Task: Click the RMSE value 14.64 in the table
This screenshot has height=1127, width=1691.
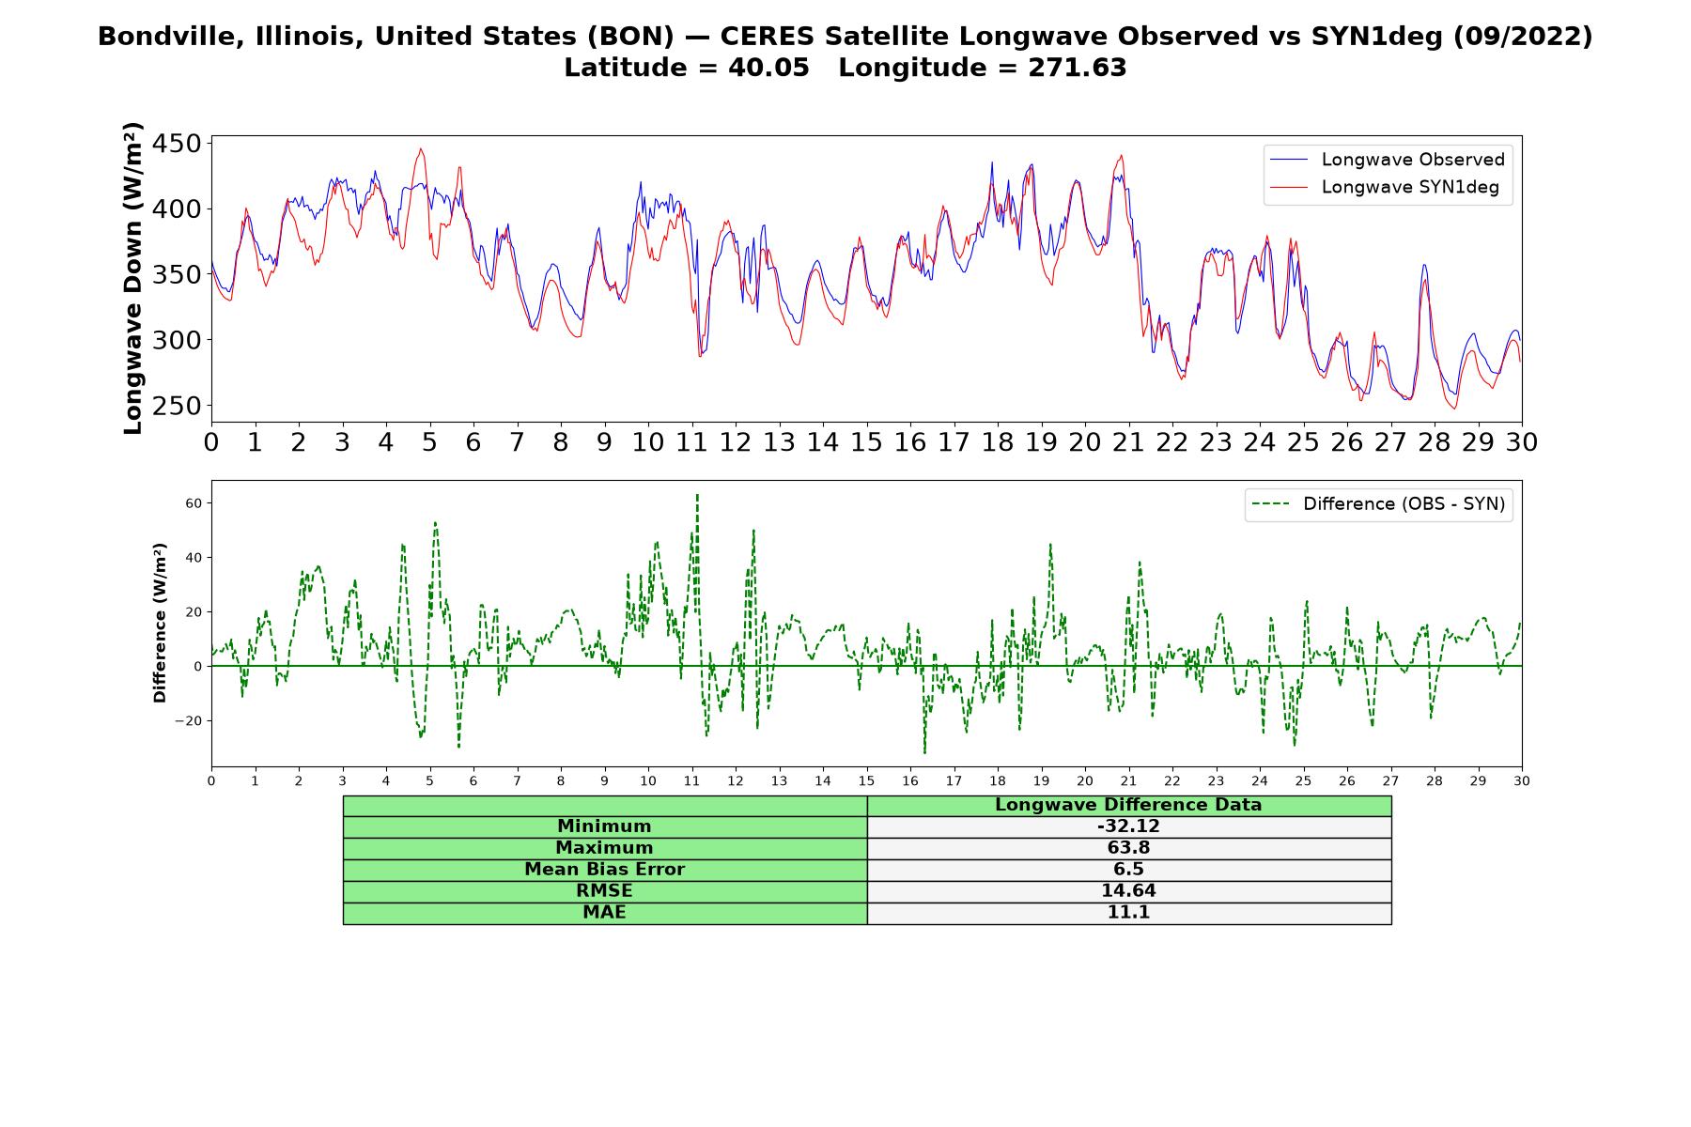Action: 1128,891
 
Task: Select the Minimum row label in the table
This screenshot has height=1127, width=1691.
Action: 604,826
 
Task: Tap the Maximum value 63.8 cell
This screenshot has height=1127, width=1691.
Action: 1128,848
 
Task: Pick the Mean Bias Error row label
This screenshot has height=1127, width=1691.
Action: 604,870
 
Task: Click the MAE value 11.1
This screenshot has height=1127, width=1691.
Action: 1128,913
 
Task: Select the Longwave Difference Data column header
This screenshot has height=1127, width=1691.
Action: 1128,805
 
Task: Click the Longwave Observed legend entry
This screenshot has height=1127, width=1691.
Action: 1387,160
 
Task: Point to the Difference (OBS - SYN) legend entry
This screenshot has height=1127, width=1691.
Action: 1377,504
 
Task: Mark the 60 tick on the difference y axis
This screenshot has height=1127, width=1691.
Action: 194,503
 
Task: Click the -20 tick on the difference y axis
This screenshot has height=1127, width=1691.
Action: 189,721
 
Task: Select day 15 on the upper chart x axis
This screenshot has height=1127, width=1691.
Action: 866,442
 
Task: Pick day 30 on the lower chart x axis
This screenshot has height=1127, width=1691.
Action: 1522,780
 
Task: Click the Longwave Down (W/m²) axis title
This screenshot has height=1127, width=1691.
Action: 132,278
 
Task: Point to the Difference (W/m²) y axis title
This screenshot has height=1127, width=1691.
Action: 160,623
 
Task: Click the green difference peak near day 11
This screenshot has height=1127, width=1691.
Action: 697,494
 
